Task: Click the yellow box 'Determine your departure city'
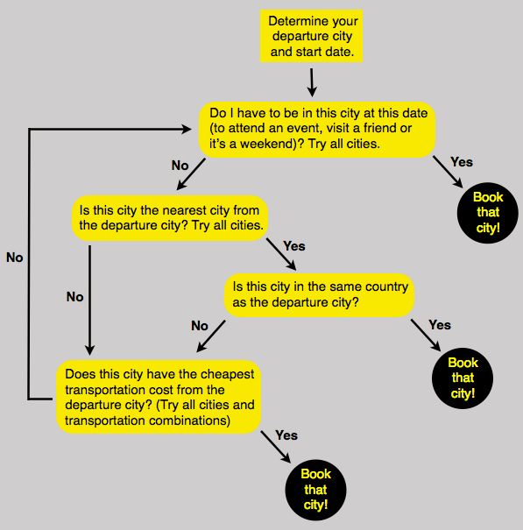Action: click(x=311, y=36)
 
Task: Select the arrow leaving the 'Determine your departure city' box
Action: click(x=312, y=82)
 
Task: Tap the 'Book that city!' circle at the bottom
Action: click(x=315, y=490)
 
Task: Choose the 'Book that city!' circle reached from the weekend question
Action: click(x=487, y=213)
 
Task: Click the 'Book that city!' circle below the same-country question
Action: click(x=463, y=378)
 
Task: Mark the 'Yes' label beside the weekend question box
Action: click(x=462, y=162)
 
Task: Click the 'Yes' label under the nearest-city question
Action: click(x=294, y=246)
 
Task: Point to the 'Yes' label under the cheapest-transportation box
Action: click(x=286, y=435)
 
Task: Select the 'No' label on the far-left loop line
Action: click(x=15, y=258)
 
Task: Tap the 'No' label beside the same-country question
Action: click(x=200, y=326)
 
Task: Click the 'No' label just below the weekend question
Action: click(x=180, y=166)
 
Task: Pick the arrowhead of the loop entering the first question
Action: click(x=187, y=129)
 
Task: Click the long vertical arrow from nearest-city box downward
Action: click(x=89, y=300)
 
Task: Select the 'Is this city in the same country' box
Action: click(x=319, y=295)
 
